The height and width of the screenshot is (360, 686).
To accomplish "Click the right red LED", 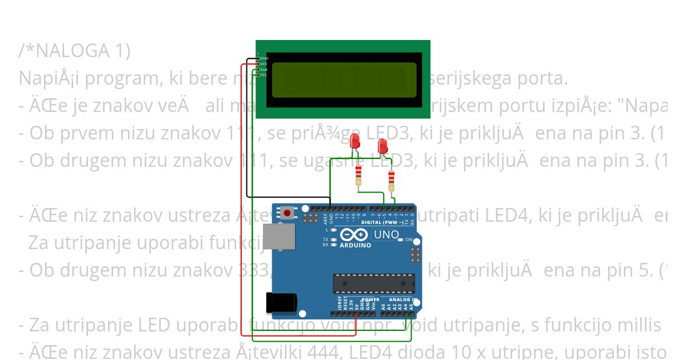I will coord(382,147).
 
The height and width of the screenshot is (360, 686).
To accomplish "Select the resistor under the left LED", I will coord(358,175).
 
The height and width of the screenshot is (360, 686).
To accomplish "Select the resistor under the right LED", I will coord(391,180).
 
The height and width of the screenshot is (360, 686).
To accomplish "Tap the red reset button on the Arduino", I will coord(287,214).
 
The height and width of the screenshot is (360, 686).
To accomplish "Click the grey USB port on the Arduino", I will coord(279,237).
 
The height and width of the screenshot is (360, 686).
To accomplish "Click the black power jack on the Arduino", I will coord(281,302).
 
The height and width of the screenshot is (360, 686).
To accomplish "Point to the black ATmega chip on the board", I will coord(374,283).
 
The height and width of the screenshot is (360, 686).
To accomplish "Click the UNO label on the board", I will coord(386,235).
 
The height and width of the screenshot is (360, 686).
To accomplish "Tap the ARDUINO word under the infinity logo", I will coord(356,245).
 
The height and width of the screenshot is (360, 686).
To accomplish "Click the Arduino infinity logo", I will coord(355,235).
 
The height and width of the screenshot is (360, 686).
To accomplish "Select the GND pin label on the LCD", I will coord(264,58).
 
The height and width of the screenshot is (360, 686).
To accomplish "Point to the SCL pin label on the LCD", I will coord(264,75).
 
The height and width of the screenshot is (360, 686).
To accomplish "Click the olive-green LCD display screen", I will coord(344,79).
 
